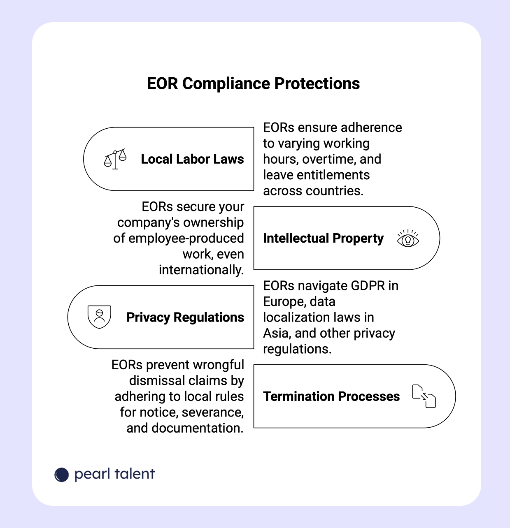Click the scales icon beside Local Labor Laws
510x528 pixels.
pyautogui.click(x=115, y=159)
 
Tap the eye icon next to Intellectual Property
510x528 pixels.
pyautogui.click(x=408, y=239)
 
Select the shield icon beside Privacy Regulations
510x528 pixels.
pyautogui.click(x=99, y=317)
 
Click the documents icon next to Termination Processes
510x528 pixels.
pyautogui.click(x=424, y=396)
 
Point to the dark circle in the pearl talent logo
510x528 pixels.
pyautogui.click(x=62, y=475)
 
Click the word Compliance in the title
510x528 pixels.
pyautogui.click(x=227, y=84)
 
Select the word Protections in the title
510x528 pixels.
pyautogui.click(x=317, y=84)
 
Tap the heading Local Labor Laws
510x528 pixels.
pyautogui.click(x=192, y=159)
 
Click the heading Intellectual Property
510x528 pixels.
pyautogui.click(x=323, y=239)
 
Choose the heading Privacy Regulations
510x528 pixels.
pyautogui.click(x=185, y=317)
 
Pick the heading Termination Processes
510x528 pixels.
pyautogui.click(x=331, y=396)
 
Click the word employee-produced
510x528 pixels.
pyautogui.click(x=186, y=239)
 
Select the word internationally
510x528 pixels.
pyautogui.click(x=201, y=270)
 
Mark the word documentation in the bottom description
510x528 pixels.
pyautogui.click(x=197, y=428)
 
